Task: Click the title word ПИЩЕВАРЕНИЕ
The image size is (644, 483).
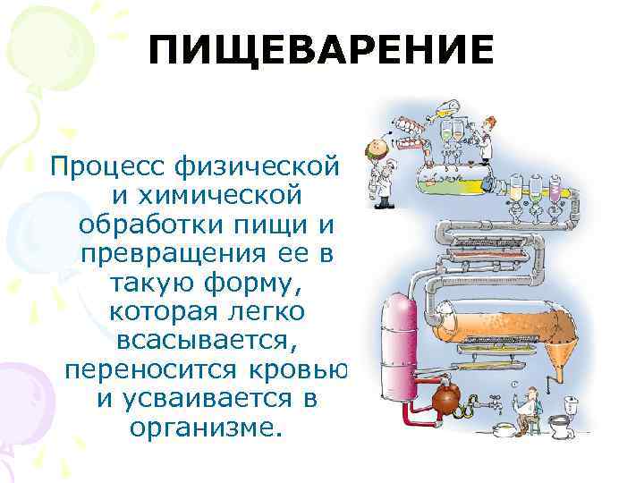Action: pos(321,50)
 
